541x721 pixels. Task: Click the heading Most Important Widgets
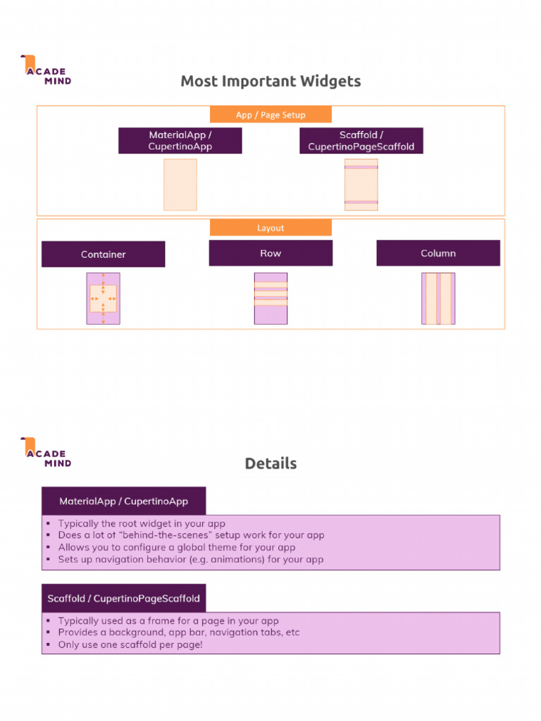[270, 81]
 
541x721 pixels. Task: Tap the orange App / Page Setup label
[270, 115]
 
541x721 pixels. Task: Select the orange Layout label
[270, 227]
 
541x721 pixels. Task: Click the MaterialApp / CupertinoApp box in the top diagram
[180, 141]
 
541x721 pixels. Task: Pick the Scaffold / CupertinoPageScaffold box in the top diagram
[361, 141]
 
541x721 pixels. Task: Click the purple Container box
[103, 254]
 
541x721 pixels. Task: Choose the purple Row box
[270, 253]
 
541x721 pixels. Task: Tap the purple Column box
[438, 253]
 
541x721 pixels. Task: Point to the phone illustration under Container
[103, 299]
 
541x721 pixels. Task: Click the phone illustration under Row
[270, 299]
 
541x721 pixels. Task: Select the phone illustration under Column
[438, 299]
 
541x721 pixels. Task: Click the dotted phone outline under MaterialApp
[180, 184]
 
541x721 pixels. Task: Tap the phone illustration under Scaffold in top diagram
[361, 184]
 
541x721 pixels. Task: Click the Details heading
[270, 463]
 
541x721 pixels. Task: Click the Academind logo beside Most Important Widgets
[46, 70]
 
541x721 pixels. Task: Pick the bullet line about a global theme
[176, 547]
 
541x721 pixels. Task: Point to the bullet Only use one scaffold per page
[130, 644]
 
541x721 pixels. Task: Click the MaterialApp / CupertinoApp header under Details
[123, 501]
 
